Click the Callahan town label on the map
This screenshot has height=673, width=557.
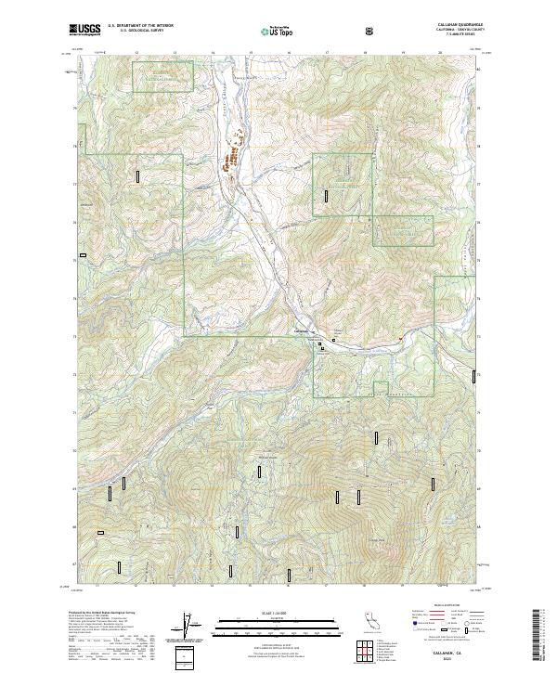coord(300,333)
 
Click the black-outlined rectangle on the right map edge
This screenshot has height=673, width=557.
coord(474,375)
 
